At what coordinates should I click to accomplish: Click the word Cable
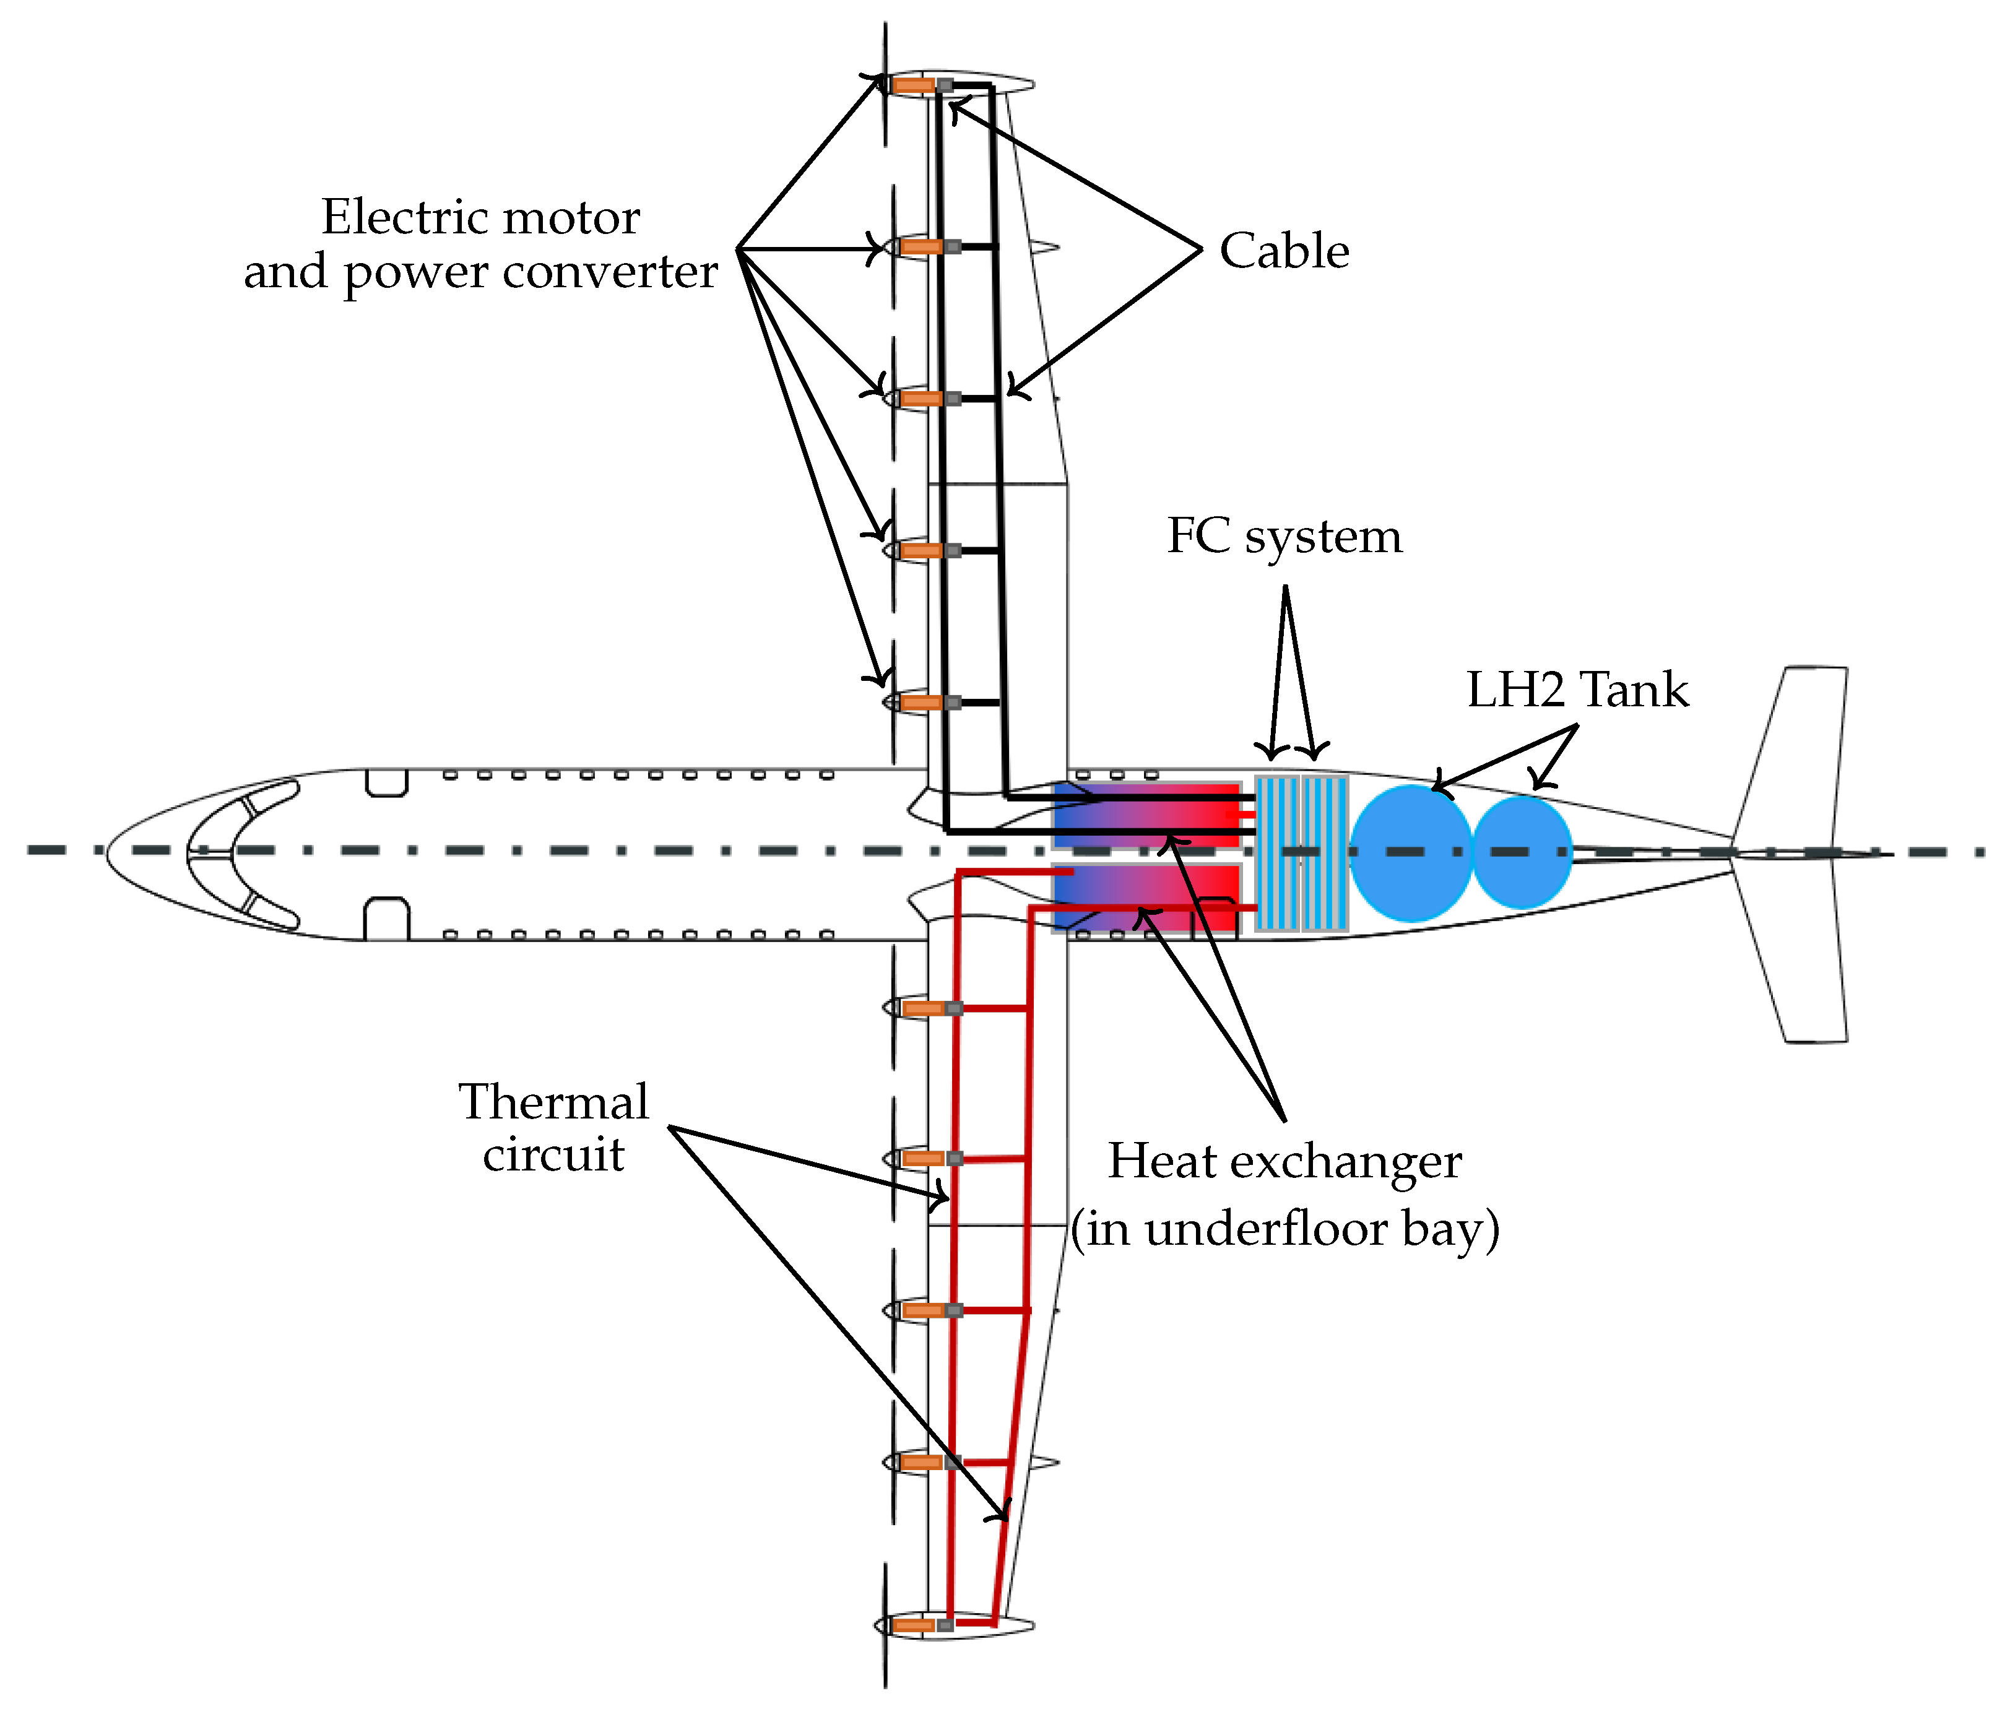pyautogui.click(x=1283, y=251)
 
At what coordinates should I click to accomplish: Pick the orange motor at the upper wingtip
pyautogui.click(x=913, y=85)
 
